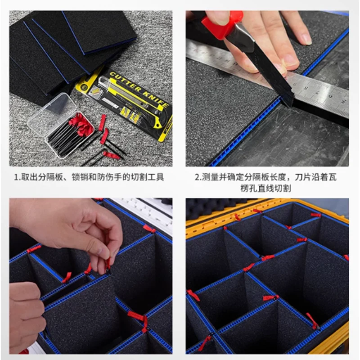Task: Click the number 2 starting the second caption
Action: point(197,177)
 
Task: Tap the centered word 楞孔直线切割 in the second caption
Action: point(268,188)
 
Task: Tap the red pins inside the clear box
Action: point(81,124)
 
